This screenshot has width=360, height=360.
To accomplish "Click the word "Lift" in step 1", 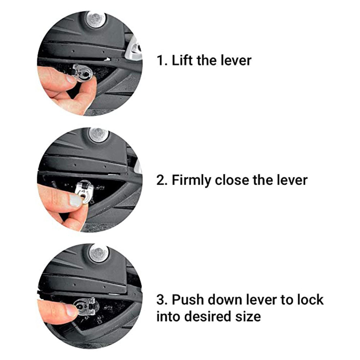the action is point(182,60).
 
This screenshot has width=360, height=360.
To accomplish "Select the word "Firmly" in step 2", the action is point(191,180).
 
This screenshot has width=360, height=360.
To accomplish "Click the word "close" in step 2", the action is point(231,180).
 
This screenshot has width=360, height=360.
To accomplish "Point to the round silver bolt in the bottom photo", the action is point(99,253).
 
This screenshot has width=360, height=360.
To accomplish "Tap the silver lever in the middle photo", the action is point(84,191).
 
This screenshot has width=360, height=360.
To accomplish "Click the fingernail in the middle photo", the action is point(75,200).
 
